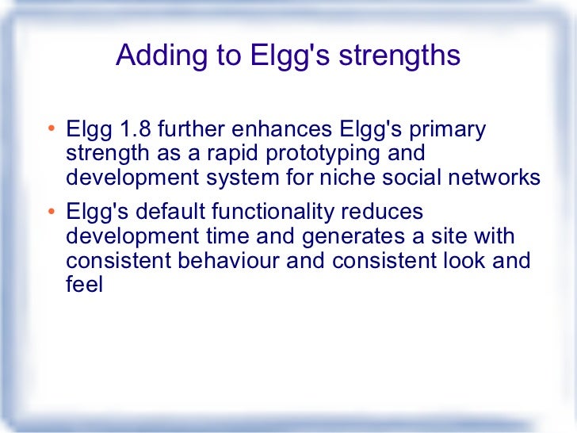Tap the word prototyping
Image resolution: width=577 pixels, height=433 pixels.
pyautogui.click(x=328, y=153)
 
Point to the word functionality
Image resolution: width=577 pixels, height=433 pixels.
pyautogui.click(x=273, y=213)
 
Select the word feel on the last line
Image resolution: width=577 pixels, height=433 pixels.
pyautogui.click(x=84, y=285)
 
